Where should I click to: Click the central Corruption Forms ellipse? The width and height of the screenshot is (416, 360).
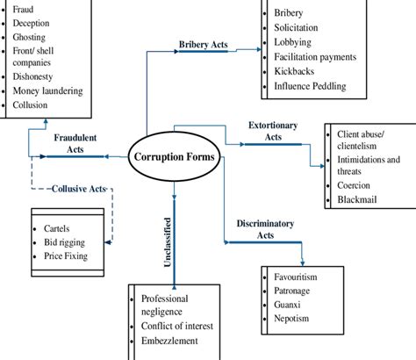[x=176, y=158]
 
